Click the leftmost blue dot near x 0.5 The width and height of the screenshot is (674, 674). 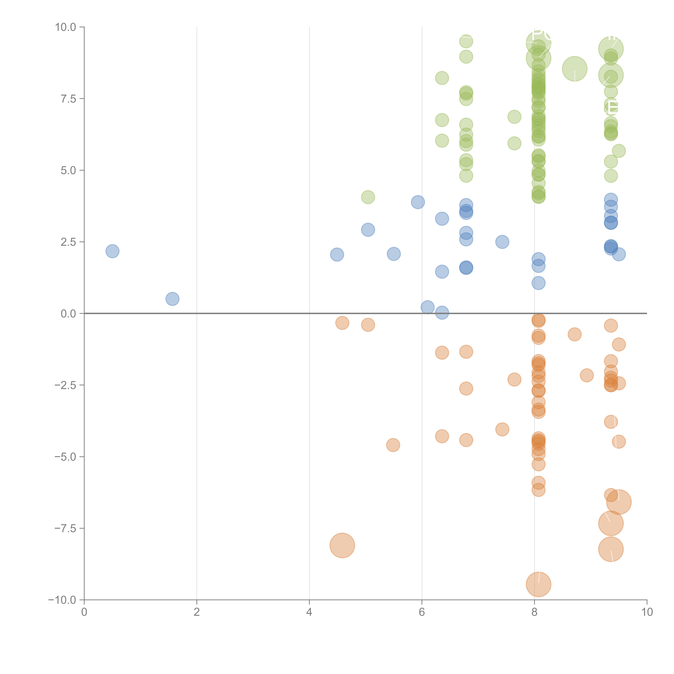[x=112, y=251]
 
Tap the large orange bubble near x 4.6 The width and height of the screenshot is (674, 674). [x=342, y=545]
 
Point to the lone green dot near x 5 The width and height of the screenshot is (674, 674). [x=368, y=197]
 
